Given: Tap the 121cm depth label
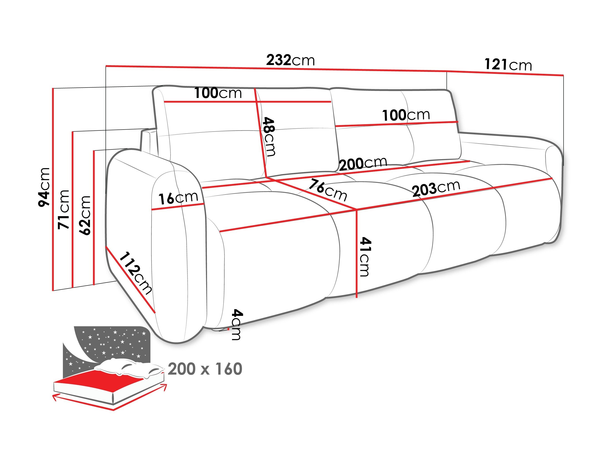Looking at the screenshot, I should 508,65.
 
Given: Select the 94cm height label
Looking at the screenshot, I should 44,187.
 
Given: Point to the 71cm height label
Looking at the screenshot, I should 64,209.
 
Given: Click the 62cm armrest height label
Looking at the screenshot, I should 85,215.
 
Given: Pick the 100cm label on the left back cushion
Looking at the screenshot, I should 218,93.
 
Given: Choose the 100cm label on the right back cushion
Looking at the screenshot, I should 406,115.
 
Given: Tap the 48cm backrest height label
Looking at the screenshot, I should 269,137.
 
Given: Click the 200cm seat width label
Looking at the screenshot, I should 363,163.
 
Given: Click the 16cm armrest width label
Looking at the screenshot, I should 178,198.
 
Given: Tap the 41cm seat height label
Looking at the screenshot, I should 365,257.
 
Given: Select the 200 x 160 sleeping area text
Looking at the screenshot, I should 205,369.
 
